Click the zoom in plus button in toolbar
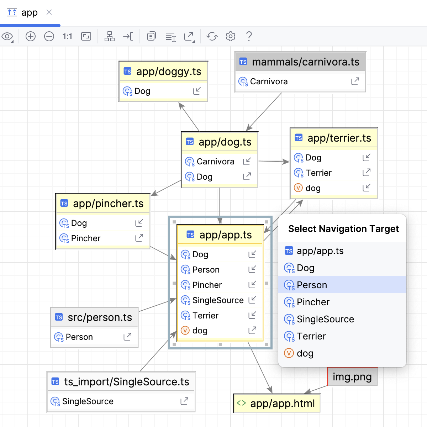30,36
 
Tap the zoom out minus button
49,36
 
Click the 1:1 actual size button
67,36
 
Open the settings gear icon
231,36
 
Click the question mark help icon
249,36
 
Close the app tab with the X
49,12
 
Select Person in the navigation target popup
342,285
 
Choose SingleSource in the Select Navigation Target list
342,319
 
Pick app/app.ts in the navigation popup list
342,251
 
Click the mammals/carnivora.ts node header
300,62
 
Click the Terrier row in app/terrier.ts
333,173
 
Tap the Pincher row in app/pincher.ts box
103,238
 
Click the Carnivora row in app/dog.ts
220,162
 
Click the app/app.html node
277,403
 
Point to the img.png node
352,377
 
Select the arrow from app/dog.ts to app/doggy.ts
189,117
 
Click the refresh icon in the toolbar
212,36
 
